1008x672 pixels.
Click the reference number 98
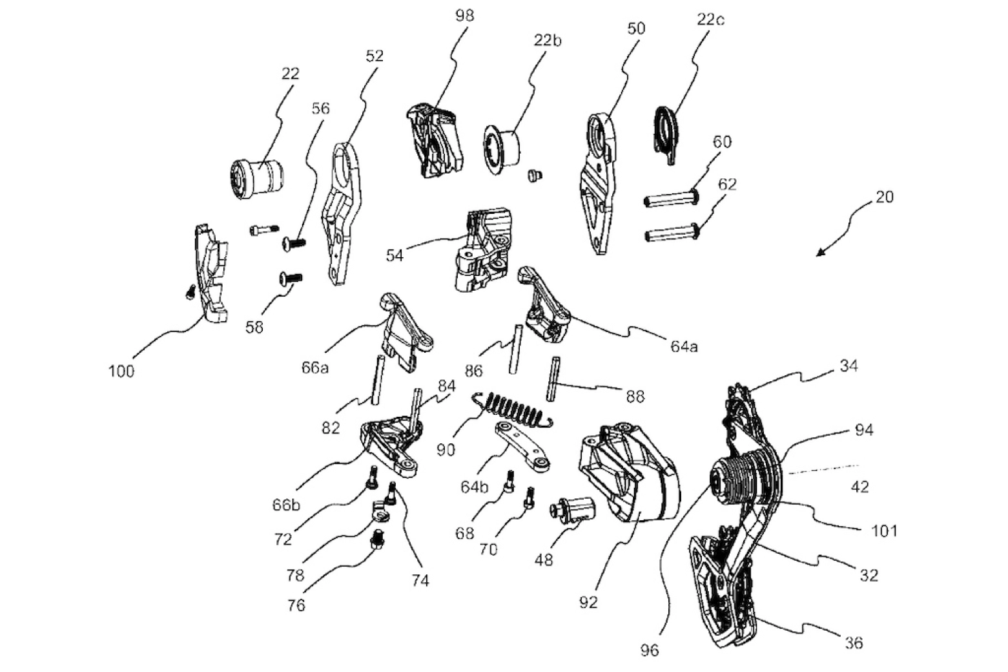[464, 16]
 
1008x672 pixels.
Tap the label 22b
[548, 40]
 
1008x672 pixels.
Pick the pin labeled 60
[672, 198]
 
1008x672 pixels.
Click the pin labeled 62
[672, 232]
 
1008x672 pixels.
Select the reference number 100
[121, 371]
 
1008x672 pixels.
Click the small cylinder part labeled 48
[573, 510]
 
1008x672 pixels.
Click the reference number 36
[854, 643]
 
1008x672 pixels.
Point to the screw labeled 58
[290, 278]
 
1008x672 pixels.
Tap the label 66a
[314, 368]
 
